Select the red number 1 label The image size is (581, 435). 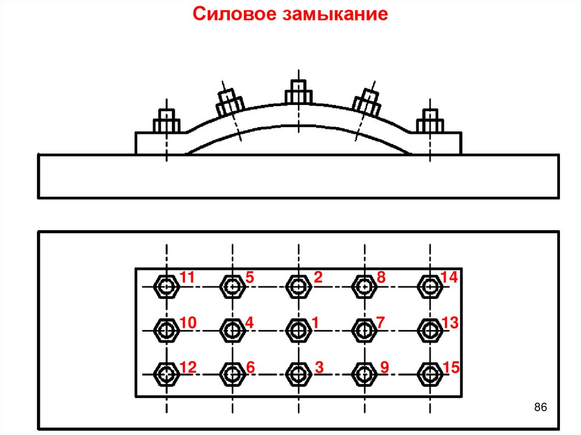314,323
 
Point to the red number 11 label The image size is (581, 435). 187,277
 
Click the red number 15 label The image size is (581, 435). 452,368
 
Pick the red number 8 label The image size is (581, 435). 381,277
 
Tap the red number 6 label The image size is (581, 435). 251,368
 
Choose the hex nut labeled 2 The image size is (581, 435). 298,286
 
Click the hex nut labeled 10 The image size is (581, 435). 167,330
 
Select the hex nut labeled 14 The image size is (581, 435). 430,286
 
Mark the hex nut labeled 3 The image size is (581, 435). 298,374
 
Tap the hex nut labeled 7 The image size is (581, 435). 364,330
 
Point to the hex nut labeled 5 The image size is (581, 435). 232,286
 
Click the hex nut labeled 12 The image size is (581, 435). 167,374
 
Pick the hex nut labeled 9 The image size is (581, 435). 364,374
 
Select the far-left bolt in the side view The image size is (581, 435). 166,121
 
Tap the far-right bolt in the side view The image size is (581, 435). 430,121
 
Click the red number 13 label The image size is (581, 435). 450,323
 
